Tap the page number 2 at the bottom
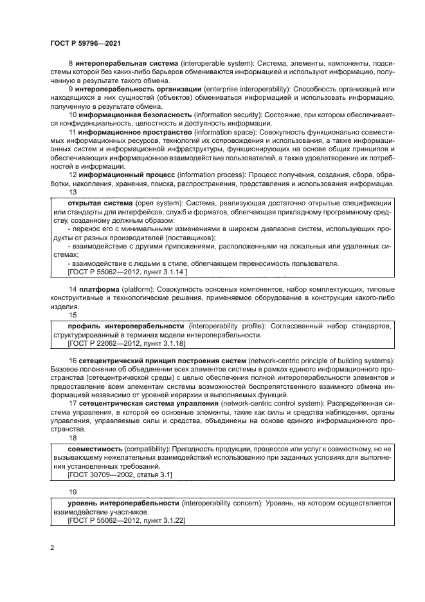(52, 548)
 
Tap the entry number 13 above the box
(72, 192)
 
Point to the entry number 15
(72, 316)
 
